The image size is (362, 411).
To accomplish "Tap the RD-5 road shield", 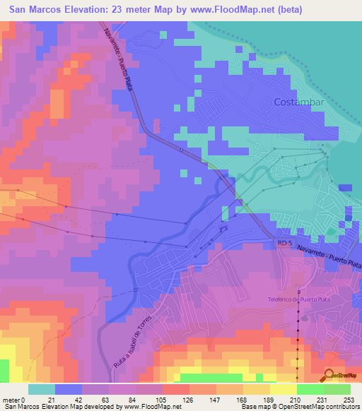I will [284, 243].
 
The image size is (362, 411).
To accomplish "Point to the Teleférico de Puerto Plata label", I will [299, 299].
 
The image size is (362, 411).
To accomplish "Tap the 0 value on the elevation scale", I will [23, 399].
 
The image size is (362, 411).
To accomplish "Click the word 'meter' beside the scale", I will [10, 399].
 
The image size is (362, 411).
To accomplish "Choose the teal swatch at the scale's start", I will [42, 389].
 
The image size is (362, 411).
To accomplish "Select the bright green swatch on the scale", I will [310, 389].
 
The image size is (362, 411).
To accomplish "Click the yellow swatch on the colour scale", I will [283, 389].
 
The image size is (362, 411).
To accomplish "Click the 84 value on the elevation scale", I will [134, 399].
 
